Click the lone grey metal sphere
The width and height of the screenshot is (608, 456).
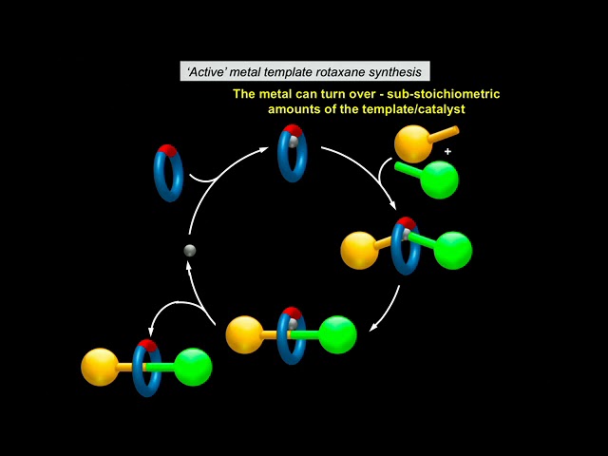pos(190,251)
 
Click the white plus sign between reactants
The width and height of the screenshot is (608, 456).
pos(447,152)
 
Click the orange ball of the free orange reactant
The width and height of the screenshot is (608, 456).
pos(413,143)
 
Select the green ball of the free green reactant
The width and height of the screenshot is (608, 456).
pos(439,180)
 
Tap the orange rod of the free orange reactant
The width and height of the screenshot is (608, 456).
pos(444,134)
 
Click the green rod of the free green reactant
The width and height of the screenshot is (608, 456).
pos(409,171)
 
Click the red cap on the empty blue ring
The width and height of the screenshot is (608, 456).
pos(167,150)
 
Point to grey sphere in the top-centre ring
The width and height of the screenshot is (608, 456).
pos(294,142)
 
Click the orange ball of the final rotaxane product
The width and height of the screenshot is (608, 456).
pos(100,367)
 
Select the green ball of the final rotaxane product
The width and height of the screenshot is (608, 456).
pos(193,368)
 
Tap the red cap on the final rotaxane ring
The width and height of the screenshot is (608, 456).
pos(148,345)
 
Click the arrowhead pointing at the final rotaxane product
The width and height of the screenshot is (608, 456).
pos(151,331)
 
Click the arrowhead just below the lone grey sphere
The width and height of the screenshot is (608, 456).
pos(188,266)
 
